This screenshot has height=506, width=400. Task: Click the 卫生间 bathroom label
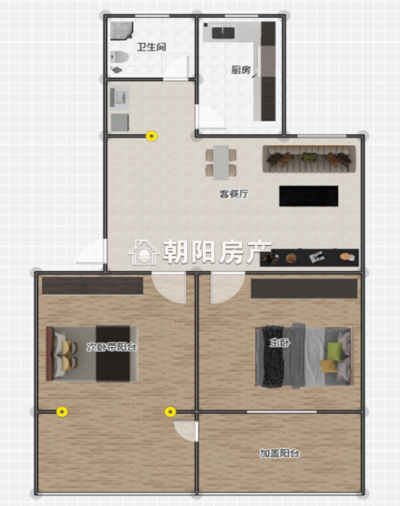click(151, 47)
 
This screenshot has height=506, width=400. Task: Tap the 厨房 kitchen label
click(241, 70)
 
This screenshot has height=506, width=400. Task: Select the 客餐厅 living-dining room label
click(234, 194)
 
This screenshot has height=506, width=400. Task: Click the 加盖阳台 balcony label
click(280, 453)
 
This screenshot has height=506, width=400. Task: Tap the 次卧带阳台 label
click(112, 347)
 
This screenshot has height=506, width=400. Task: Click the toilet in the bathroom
click(119, 57)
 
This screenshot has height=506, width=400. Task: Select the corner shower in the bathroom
click(122, 31)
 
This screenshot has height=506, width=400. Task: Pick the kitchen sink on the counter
click(223, 33)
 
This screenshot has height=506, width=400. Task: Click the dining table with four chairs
click(221, 163)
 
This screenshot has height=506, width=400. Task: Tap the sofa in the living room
click(309, 159)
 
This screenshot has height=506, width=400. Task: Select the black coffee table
click(309, 196)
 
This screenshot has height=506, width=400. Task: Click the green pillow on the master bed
click(334, 351)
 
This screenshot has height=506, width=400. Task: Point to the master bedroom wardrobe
click(304, 289)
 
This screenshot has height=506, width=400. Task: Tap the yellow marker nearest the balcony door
click(170, 412)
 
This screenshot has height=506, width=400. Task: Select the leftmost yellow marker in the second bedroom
click(62, 412)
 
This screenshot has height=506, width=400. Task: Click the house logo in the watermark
click(144, 252)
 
